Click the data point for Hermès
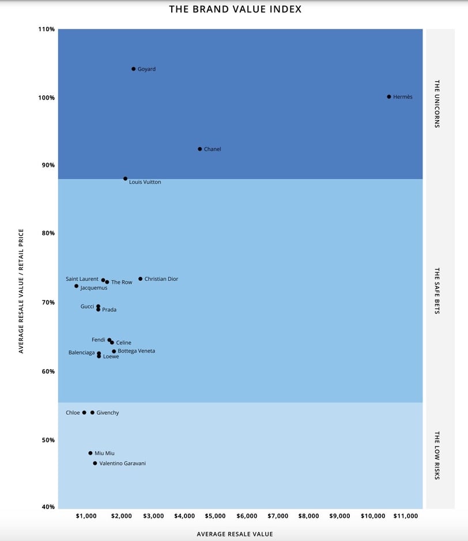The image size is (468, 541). click(389, 97)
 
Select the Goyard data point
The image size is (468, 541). click(134, 69)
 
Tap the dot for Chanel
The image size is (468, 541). click(200, 149)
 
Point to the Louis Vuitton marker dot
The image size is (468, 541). click(125, 179)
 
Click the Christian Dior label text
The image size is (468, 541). click(161, 279)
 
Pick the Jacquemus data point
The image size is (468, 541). click(76, 286)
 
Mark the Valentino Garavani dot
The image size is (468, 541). click(95, 463)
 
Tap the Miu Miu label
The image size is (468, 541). click(104, 453)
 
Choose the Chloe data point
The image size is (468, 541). click(84, 412)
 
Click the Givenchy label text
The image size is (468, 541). click(108, 413)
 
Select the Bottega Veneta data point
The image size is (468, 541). click(114, 351)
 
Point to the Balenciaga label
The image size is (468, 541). click(81, 352)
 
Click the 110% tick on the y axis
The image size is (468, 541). click(47, 29)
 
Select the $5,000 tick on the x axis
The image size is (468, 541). click(216, 516)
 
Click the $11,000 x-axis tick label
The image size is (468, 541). click(406, 516)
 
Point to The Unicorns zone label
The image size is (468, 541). click(437, 103)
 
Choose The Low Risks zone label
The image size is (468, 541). click(437, 455)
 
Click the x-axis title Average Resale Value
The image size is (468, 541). click(235, 534)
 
